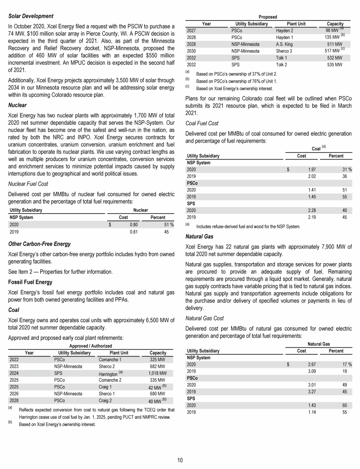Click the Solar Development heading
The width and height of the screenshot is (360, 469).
pyautogui.click(x=30, y=16)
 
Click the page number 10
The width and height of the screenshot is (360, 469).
pyautogui.click(x=180, y=460)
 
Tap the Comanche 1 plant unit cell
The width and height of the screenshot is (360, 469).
pyautogui.click(x=110, y=359)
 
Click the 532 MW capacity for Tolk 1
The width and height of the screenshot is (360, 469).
pyautogui.click(x=335, y=58)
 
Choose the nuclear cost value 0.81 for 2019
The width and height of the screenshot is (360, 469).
pyautogui.click(x=133, y=231)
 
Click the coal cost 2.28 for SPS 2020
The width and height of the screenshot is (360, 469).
pyautogui.click(x=310, y=211)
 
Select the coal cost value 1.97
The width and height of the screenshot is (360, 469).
pyautogui.click(x=310, y=169)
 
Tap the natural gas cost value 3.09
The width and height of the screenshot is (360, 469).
pyautogui.click(x=310, y=371)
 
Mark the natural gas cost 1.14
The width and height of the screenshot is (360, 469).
pyautogui.click(x=310, y=412)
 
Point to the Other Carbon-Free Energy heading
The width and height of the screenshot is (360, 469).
pyautogui.click(x=40, y=244)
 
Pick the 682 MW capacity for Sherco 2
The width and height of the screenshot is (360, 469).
pyautogui.click(x=157, y=366)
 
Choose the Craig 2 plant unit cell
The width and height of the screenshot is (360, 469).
pyautogui.click(x=107, y=401)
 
